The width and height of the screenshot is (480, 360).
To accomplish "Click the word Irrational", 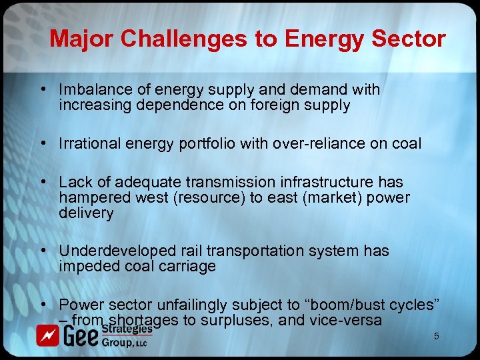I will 88,143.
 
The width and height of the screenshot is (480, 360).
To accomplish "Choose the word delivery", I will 86,213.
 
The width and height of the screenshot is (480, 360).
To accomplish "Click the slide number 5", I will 437,337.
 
